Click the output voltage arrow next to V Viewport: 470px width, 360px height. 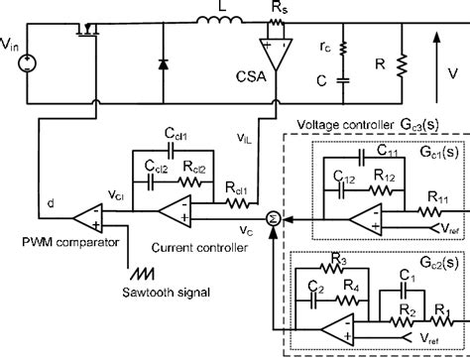point(436,70)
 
